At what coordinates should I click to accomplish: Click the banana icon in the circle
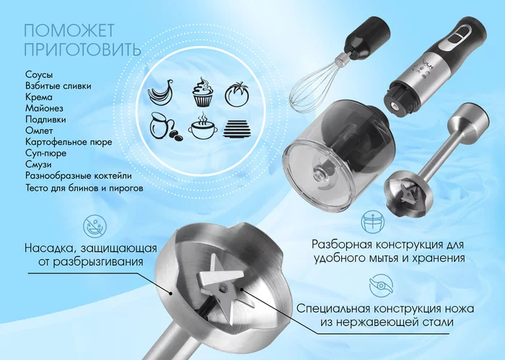pyautogui.click(x=160, y=92)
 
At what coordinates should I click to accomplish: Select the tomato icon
pyautogui.click(x=237, y=94)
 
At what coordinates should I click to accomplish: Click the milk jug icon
pyautogui.click(x=165, y=126)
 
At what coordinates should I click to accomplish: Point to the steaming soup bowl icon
pyautogui.click(x=203, y=126)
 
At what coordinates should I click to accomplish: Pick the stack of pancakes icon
pyautogui.click(x=237, y=129)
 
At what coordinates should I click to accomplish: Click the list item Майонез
pyautogui.click(x=45, y=108)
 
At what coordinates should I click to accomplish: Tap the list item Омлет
pyautogui.click(x=39, y=131)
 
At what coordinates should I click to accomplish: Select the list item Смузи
pyautogui.click(x=38, y=164)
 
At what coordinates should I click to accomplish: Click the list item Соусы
pyautogui.click(x=39, y=75)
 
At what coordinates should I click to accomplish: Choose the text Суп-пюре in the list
pyautogui.click(x=45, y=153)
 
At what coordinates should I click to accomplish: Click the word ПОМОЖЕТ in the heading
pyautogui.click(x=69, y=31)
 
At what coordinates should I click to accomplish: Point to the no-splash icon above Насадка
pyautogui.click(x=95, y=227)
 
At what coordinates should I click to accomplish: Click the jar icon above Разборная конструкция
pyautogui.click(x=372, y=222)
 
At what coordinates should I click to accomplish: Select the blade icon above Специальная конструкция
pyautogui.click(x=381, y=286)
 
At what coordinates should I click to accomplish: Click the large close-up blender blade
pyautogui.click(x=223, y=283)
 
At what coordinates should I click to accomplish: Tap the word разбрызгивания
pyautogui.click(x=91, y=262)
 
